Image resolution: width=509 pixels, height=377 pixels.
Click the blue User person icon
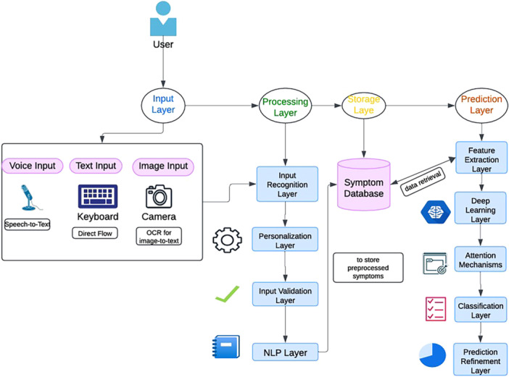click(x=163, y=20)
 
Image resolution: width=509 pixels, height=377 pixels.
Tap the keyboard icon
click(x=98, y=196)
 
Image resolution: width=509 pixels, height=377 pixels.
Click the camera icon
click(x=158, y=196)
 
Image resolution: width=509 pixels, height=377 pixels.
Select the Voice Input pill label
click(x=33, y=166)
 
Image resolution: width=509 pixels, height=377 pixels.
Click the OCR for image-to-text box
click(x=158, y=236)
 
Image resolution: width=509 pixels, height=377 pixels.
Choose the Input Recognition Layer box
click(x=287, y=185)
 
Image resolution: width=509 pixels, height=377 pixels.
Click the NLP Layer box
click(x=287, y=352)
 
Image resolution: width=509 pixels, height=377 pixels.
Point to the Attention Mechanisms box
click(x=480, y=258)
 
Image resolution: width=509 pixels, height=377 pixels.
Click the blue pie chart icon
click(x=434, y=355)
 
